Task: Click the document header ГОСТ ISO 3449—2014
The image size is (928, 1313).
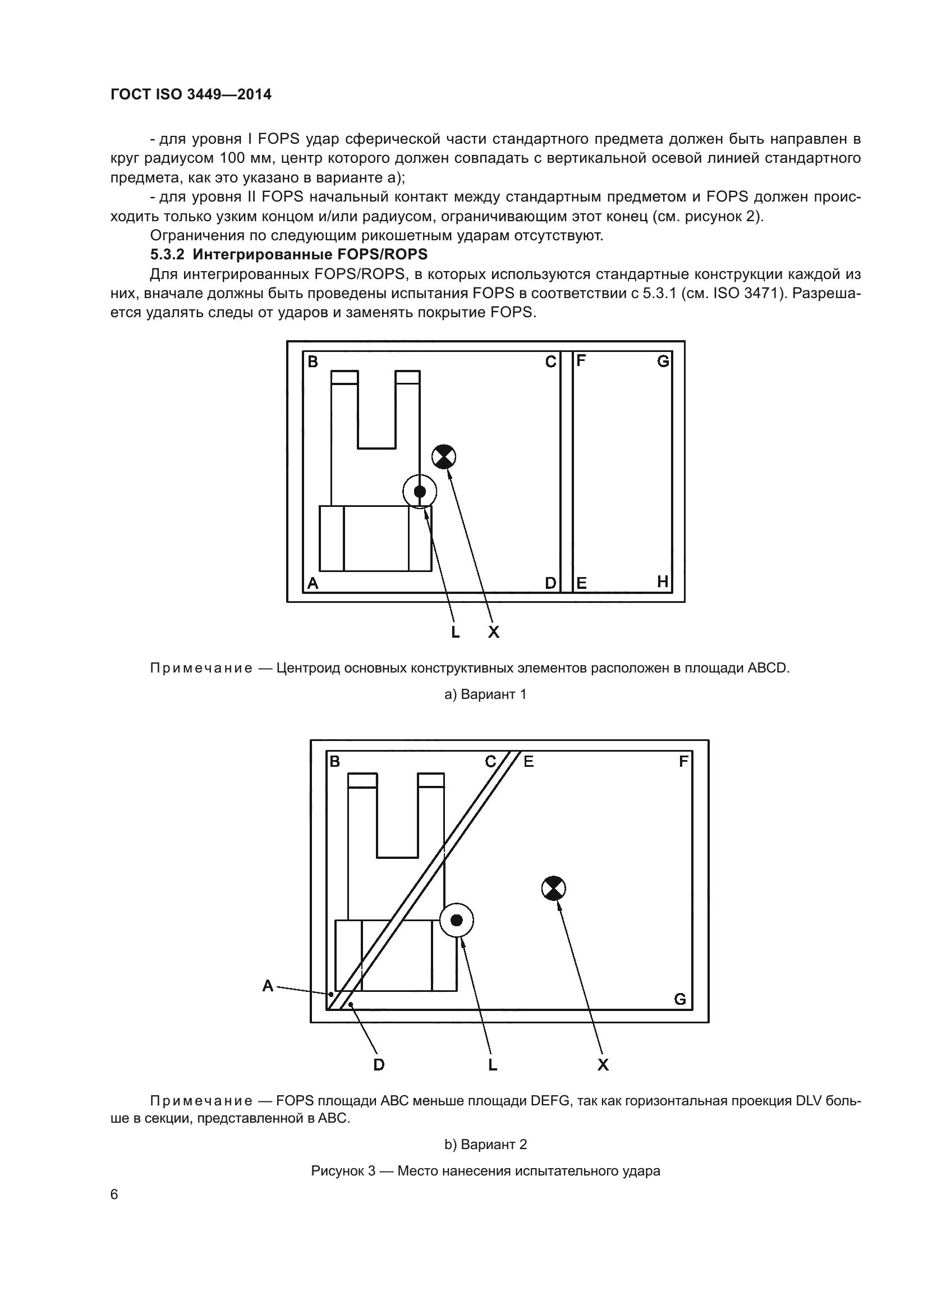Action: pos(191,94)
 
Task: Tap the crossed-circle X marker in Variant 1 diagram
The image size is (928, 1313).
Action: pos(444,456)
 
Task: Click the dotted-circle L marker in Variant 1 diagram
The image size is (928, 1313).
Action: pos(420,491)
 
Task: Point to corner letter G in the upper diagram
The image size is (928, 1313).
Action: pos(663,362)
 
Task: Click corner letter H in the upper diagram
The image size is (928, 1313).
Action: pos(662,582)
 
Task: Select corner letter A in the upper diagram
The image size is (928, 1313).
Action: pos(313,583)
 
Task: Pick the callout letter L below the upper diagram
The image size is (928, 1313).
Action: pos(455,632)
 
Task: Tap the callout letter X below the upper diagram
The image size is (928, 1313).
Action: pos(494,632)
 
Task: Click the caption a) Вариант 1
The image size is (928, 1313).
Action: pos(485,694)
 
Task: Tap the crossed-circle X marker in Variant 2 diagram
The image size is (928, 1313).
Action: pos(553,888)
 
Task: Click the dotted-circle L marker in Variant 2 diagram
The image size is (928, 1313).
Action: pos(457,920)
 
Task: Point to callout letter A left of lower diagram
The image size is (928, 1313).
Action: pos(268,985)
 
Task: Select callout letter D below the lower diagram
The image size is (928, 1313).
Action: pos(378,1065)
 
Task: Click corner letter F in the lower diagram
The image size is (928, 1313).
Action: pos(683,762)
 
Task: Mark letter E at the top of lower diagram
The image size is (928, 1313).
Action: pos(529,762)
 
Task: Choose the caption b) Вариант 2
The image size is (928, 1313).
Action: pos(485,1144)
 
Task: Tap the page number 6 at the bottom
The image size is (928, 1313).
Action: pos(114,1195)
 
